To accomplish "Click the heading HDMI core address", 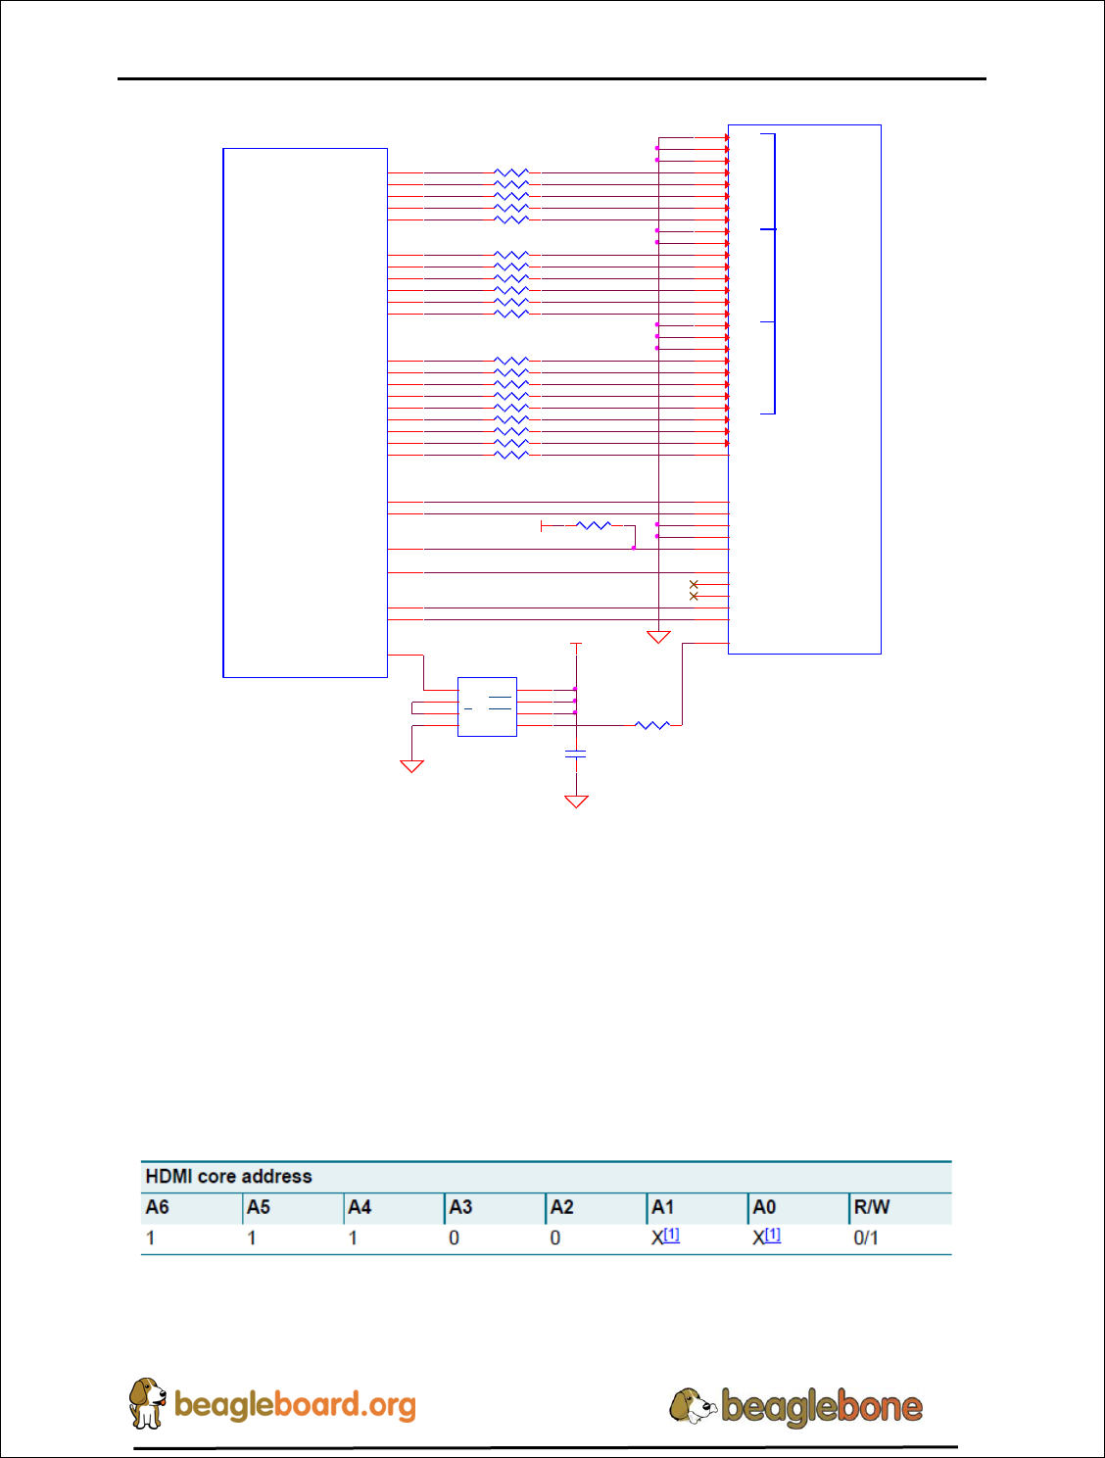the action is [x=228, y=1177].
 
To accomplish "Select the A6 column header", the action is [x=158, y=1207].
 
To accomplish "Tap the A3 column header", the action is [x=460, y=1207].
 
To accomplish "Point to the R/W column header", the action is [x=871, y=1207].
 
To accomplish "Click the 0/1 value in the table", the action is [x=866, y=1238].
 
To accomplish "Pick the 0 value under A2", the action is [x=555, y=1238].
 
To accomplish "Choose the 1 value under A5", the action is [x=252, y=1238].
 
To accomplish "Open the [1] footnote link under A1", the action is [x=671, y=1235].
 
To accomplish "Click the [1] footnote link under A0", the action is [x=772, y=1235].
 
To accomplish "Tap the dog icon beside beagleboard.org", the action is [x=147, y=1403].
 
